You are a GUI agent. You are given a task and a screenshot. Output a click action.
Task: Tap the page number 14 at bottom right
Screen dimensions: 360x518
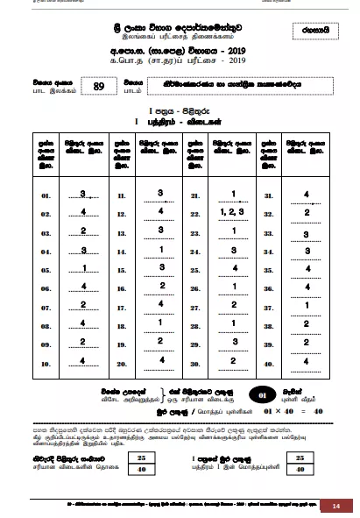335,506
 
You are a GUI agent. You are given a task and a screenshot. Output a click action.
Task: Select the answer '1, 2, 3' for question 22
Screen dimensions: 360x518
233,212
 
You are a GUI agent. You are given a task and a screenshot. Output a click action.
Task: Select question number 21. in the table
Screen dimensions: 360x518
195,196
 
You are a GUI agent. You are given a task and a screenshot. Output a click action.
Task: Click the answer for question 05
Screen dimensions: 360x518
83,268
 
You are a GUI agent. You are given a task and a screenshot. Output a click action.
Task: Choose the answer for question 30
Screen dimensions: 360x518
233,360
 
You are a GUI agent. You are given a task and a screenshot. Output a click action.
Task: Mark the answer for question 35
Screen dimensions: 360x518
307,268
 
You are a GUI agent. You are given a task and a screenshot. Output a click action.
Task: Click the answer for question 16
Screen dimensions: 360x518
160,287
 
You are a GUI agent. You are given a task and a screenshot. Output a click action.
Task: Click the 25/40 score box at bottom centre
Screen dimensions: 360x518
140,464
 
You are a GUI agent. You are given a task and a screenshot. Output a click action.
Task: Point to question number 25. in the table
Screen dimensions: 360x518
195,269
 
